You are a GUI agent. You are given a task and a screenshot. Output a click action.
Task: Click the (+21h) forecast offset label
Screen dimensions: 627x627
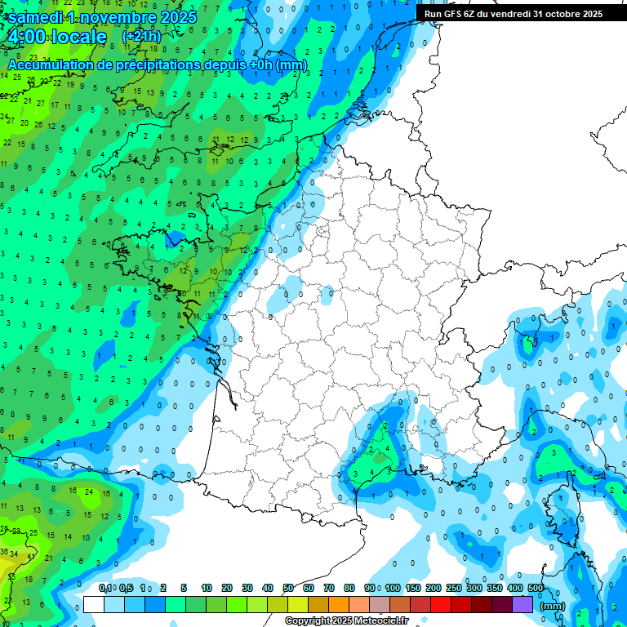click(141, 37)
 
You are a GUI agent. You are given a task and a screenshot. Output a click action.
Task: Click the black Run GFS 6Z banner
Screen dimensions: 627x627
click(513, 13)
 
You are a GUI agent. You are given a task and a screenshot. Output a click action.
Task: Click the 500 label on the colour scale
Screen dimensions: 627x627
click(536, 588)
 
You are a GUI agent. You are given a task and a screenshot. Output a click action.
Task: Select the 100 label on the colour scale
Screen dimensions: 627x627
click(393, 588)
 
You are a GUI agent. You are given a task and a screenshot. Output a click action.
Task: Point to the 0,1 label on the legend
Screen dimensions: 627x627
click(104, 588)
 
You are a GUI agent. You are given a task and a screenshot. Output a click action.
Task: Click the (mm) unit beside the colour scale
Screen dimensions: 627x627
click(553, 606)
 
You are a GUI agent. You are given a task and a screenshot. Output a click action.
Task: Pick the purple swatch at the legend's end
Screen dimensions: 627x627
click(522, 605)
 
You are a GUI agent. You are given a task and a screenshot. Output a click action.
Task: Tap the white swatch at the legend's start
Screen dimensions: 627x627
click(94, 605)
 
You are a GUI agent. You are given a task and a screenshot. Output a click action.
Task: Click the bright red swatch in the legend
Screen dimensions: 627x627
click(441, 605)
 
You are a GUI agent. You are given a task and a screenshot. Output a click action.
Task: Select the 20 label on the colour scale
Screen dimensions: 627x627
click(227, 588)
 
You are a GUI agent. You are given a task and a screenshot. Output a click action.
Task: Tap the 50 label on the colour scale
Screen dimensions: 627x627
click(288, 588)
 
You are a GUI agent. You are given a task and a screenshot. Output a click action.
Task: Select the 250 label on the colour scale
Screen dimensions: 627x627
click(454, 588)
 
